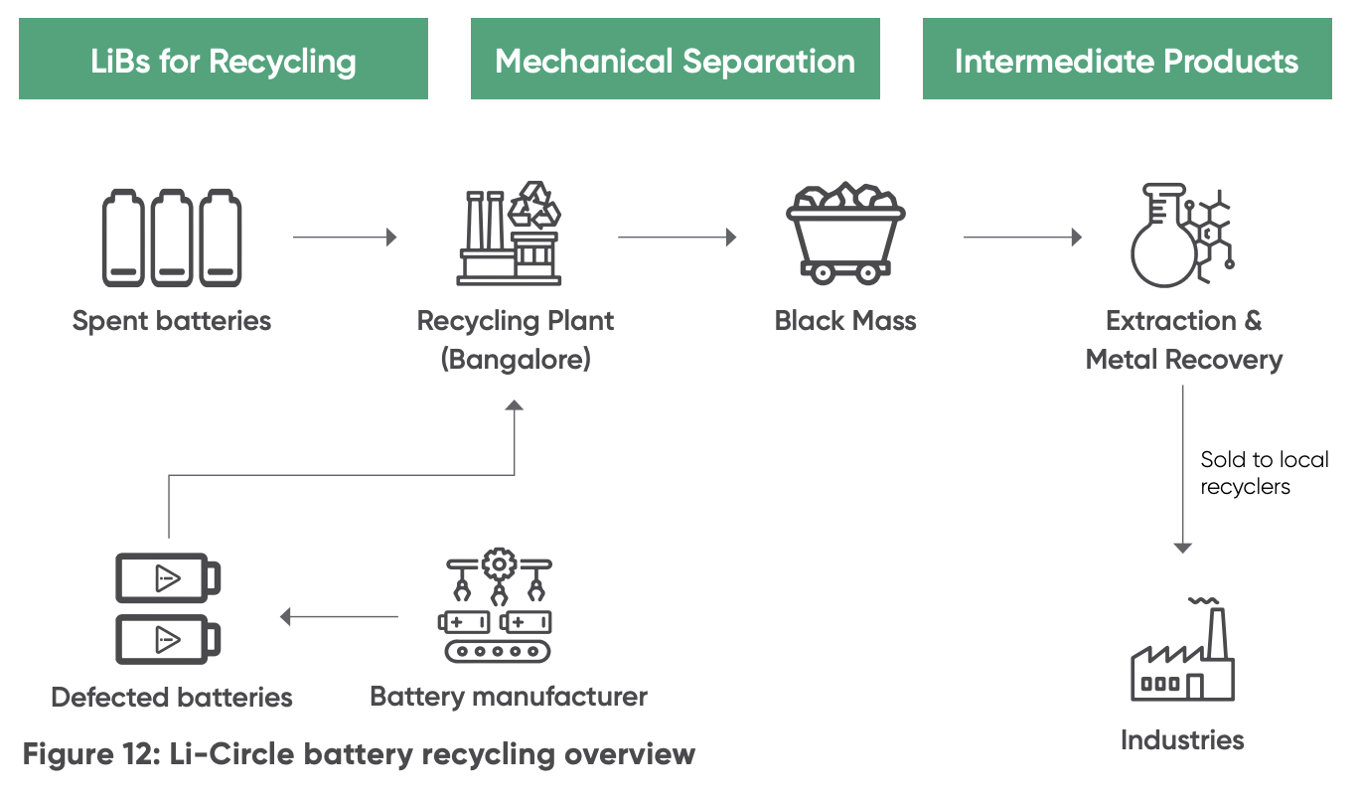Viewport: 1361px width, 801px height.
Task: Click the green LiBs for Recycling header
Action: coord(223,60)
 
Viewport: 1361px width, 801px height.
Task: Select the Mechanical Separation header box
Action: coord(675,60)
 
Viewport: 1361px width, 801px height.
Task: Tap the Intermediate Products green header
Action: coord(1127,60)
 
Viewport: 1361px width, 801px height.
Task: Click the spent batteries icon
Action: coord(171,239)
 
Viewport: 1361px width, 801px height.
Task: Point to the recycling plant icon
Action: coord(509,235)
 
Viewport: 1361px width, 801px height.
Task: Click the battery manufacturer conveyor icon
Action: coord(495,608)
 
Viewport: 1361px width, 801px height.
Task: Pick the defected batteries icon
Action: coord(168,608)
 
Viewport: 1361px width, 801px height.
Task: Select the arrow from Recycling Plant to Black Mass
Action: coord(677,238)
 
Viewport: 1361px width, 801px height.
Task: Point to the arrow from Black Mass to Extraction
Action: coord(1022,238)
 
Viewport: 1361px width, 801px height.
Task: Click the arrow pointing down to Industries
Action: coord(1182,467)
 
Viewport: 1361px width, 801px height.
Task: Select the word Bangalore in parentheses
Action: coord(516,359)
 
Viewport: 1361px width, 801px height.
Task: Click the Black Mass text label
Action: coord(845,321)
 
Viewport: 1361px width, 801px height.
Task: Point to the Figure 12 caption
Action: coord(359,754)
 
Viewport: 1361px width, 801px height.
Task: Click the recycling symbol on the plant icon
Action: coord(534,204)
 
